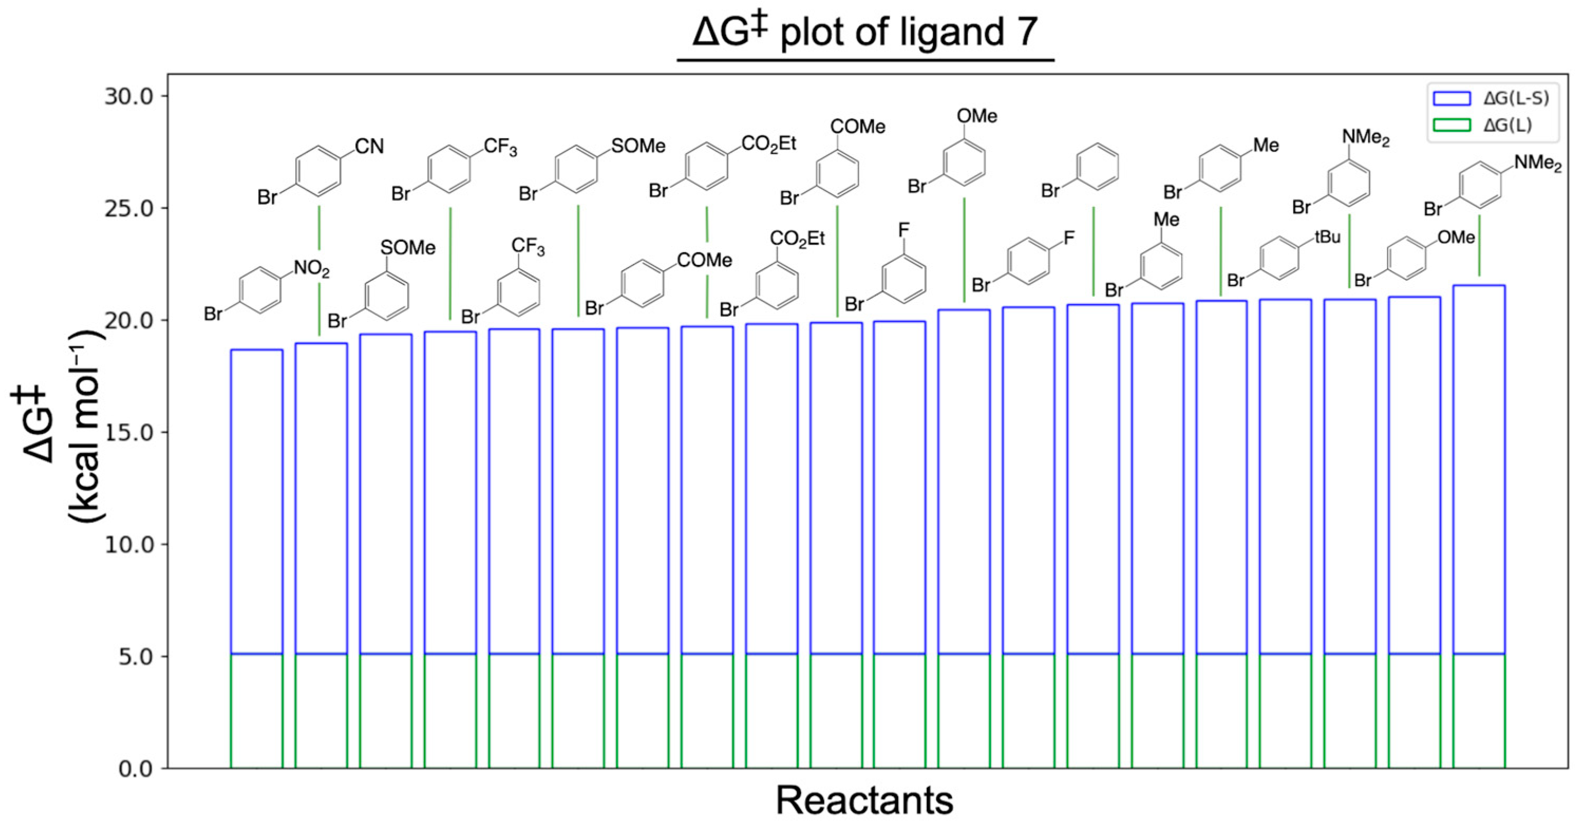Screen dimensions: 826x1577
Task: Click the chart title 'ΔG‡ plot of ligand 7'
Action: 864,32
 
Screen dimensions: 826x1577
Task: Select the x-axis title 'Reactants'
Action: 864,800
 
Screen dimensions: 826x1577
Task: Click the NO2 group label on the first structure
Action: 311,269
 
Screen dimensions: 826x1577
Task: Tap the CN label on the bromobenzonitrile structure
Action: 369,146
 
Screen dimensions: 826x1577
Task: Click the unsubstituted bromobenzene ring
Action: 1097,165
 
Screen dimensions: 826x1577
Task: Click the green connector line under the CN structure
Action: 319,227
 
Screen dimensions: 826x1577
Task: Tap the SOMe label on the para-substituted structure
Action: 638,146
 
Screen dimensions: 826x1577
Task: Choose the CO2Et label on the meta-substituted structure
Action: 797,238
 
